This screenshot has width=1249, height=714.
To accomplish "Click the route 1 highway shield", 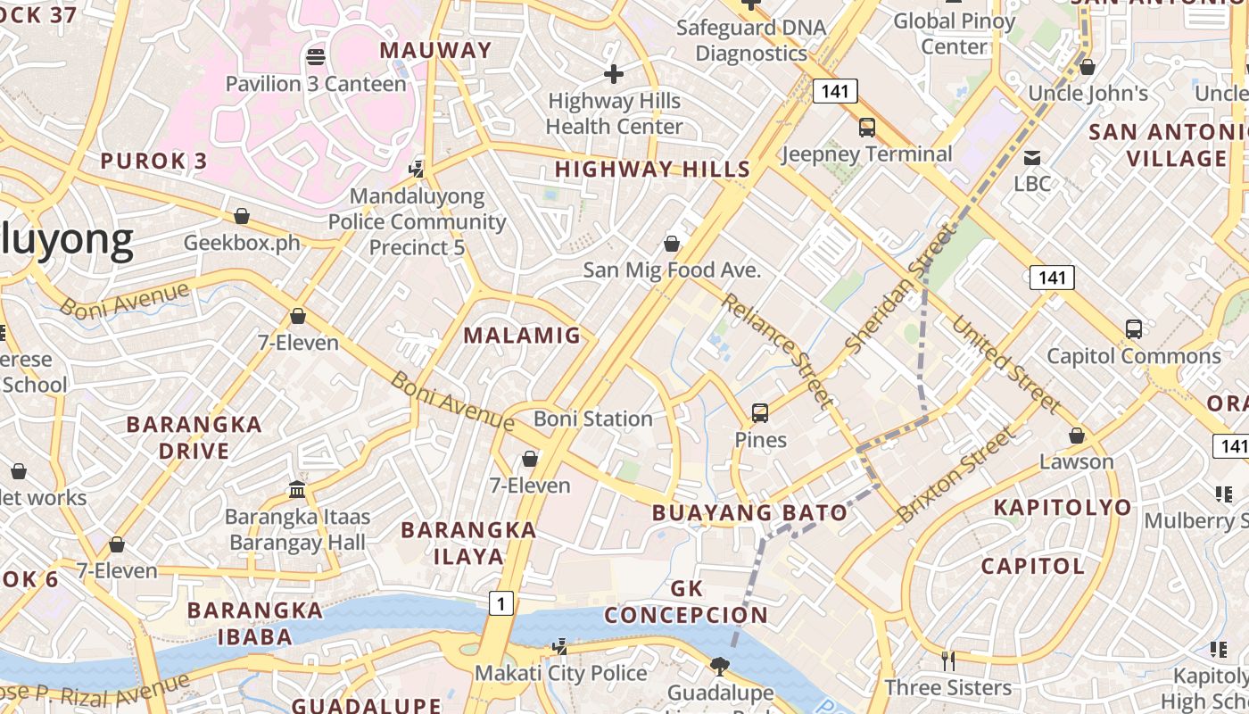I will tap(501, 604).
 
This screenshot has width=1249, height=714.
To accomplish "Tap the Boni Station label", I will tap(593, 419).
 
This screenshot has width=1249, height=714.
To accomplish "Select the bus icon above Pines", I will tap(760, 413).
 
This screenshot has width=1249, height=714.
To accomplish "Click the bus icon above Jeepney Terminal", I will tap(867, 128).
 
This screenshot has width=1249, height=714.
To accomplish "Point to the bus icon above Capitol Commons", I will tap(1133, 329).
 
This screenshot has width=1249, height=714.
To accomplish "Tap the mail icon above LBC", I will tap(1032, 158).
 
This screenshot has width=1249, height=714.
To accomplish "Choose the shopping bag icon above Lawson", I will tap(1077, 436).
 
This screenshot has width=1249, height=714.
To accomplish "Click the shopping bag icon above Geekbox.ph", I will tap(241, 216).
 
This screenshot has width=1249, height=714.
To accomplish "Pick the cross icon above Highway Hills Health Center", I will tap(614, 74).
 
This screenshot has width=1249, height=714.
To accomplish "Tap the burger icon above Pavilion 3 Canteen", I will tap(315, 57).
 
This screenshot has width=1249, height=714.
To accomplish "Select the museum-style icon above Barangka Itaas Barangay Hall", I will tap(297, 489).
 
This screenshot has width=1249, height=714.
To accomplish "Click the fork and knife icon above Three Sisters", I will tap(947, 660).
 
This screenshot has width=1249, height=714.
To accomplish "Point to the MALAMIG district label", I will tap(523, 336).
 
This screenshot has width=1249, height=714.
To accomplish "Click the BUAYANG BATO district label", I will tap(749, 512).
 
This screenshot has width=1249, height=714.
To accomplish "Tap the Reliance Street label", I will tap(776, 349).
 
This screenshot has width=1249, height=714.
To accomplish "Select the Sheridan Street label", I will tap(898, 287).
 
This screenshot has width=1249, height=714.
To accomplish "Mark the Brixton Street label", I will tap(956, 475).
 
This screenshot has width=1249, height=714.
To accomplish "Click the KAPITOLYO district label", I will tap(1063, 507).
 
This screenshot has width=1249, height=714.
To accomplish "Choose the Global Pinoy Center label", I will tap(955, 33).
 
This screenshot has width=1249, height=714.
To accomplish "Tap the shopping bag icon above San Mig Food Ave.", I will tap(672, 244).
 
